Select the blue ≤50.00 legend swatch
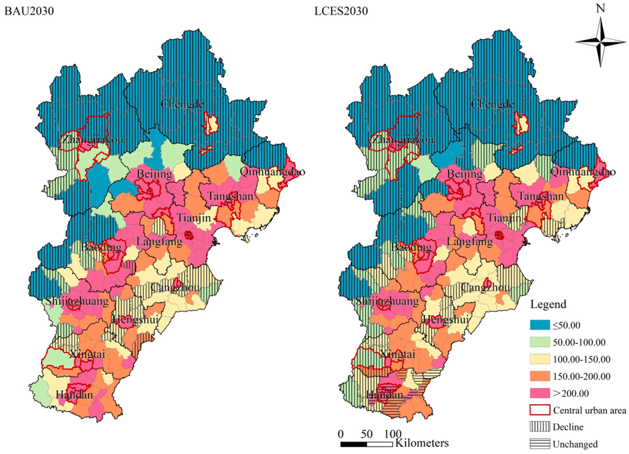coord(540,325)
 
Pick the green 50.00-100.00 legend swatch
coord(540,342)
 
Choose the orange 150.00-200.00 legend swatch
coord(540,376)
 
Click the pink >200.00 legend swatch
coord(540,393)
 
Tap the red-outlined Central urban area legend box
coord(540,410)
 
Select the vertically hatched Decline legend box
coord(540,427)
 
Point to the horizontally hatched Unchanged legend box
coord(540,444)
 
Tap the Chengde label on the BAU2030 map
coord(182,104)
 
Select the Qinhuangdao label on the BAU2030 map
coord(273,172)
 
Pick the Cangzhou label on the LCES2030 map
coord(485,288)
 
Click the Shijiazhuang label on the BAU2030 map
coord(77,301)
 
